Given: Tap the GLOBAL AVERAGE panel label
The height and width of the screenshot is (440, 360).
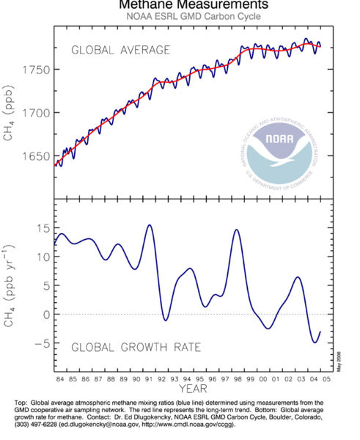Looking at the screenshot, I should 120,50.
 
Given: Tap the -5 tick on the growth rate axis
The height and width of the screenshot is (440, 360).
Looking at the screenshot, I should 42,342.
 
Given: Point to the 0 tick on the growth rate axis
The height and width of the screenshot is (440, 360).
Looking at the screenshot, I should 45,314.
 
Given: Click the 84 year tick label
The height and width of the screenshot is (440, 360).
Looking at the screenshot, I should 62,381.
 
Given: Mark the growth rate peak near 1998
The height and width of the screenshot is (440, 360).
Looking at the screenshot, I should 237,230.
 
